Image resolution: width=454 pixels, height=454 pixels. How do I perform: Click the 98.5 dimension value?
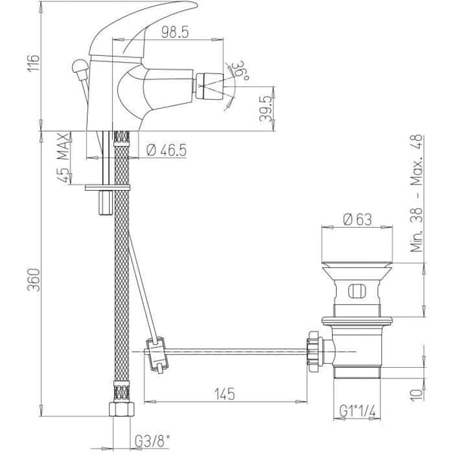tap(175, 32)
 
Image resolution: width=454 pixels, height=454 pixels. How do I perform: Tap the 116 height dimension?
tap(33, 63)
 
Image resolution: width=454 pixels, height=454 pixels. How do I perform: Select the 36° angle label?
tap(241, 70)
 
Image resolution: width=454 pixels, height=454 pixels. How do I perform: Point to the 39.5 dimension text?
tap(266, 109)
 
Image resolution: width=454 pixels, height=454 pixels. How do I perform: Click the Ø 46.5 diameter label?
tap(166, 151)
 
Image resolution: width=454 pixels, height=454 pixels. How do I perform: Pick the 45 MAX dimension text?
tap(64, 158)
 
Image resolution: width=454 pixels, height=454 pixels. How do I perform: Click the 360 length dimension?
tap(33, 279)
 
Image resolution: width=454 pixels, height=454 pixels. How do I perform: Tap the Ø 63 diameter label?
tap(357, 219)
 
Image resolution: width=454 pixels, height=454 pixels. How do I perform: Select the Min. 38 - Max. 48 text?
tap(417, 194)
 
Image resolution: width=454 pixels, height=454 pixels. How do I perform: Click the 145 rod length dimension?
tap(225, 393)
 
